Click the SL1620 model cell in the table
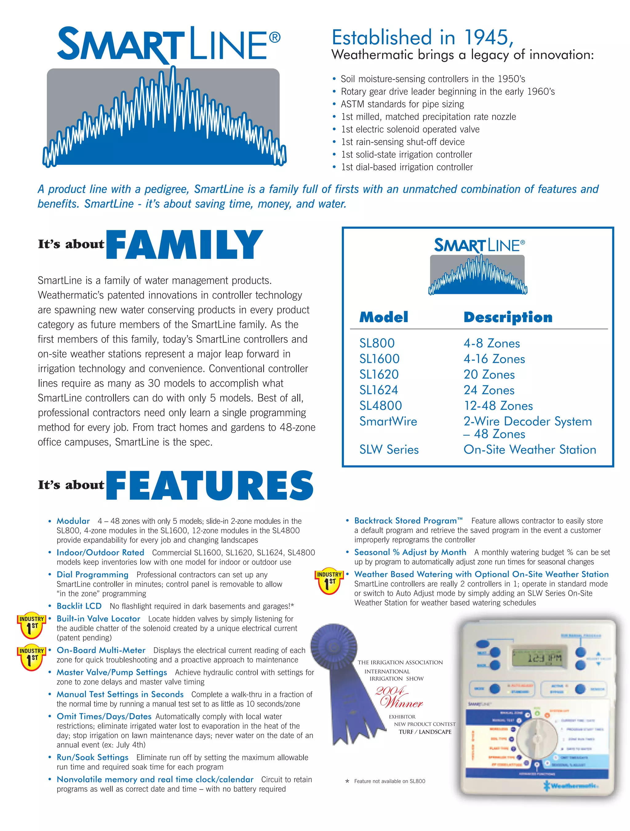[379, 374]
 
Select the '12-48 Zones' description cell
[498, 406]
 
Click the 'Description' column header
[508, 318]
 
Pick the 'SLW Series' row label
[389, 450]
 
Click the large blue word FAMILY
[184, 245]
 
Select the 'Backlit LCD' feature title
[79, 606]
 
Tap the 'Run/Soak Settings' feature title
[93, 757]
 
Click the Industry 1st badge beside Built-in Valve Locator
[32, 626]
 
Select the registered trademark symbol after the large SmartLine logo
[275, 38]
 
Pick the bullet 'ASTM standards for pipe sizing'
[402, 104]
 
